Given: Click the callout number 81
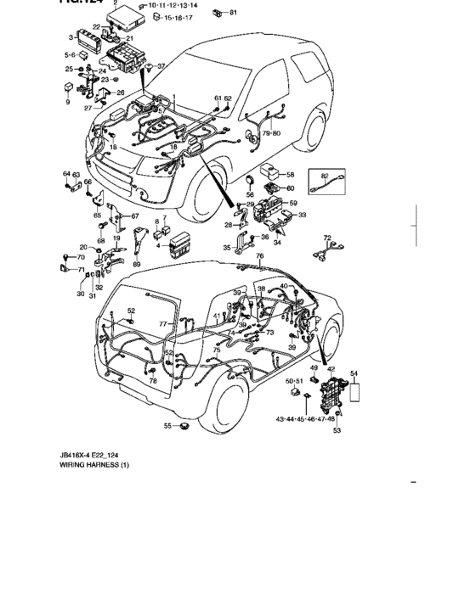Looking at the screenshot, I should pyautogui.click(x=234, y=13).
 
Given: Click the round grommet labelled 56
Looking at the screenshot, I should pyautogui.click(x=250, y=182).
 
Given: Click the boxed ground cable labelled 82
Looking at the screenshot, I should pyautogui.click(x=325, y=182).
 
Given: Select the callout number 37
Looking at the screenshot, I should pyautogui.click(x=161, y=66).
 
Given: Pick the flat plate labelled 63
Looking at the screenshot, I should pyautogui.click(x=72, y=186).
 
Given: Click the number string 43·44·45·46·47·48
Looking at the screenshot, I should pyautogui.click(x=305, y=418).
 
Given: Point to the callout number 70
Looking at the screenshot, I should pyautogui.click(x=82, y=256).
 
